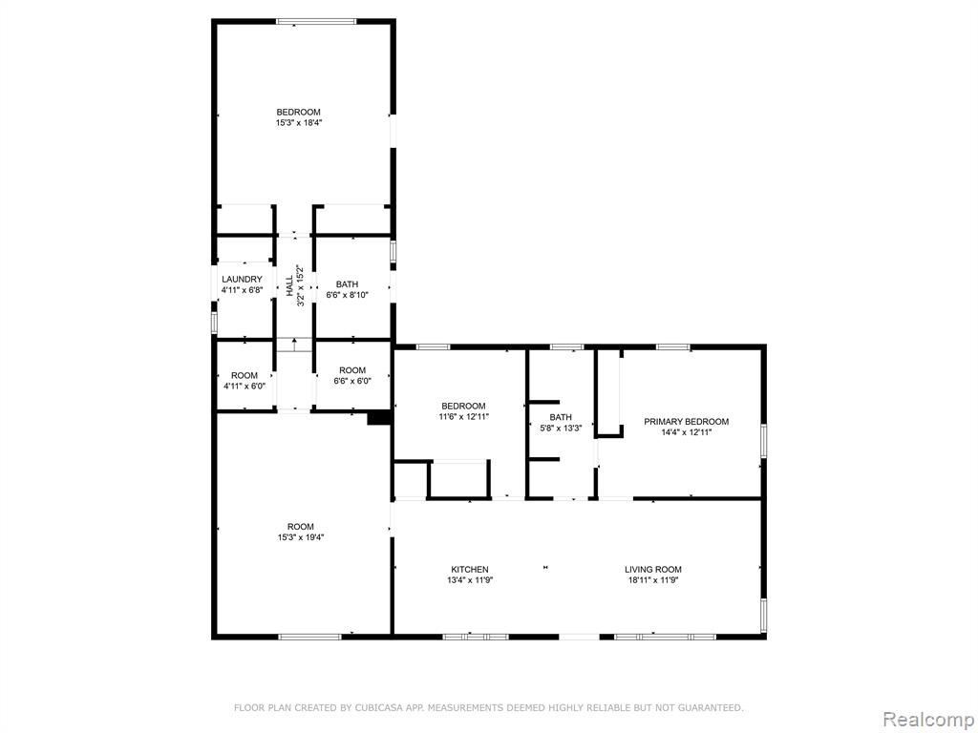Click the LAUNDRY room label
pyautogui.click(x=242, y=280)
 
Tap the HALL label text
pyautogui.click(x=289, y=285)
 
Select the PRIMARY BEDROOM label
pyautogui.click(x=686, y=421)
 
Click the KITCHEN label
pyautogui.click(x=470, y=569)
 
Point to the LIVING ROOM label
pyautogui.click(x=653, y=569)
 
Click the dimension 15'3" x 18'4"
pyautogui.click(x=299, y=123)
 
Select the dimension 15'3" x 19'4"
pyautogui.click(x=301, y=537)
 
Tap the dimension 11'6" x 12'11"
pyautogui.click(x=463, y=416)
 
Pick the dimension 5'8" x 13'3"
pyautogui.click(x=561, y=429)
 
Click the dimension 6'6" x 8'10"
pyautogui.click(x=348, y=295)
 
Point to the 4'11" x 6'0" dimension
pyautogui.click(x=244, y=386)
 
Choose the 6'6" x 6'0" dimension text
pyautogui.click(x=352, y=381)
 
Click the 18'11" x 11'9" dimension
pyautogui.click(x=653, y=579)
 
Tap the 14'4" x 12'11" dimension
pyautogui.click(x=686, y=432)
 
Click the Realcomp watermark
pyautogui.click(x=927, y=719)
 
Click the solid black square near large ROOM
pyautogui.click(x=378, y=418)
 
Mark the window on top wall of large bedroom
pyautogui.click(x=316, y=22)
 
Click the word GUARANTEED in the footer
pyautogui.click(x=712, y=707)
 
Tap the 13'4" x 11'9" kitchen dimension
pyautogui.click(x=470, y=579)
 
